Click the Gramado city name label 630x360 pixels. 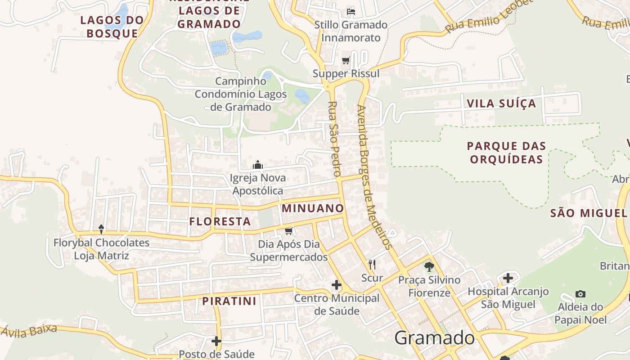[434, 338]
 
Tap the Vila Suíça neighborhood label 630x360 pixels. [501, 103]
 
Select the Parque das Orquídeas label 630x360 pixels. [506, 153]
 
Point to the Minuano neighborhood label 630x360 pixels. [313, 208]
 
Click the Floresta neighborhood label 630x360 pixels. [220, 221]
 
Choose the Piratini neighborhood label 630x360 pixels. [229, 301]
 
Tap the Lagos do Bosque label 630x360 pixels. [112, 27]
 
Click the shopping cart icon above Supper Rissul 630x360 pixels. [346, 60]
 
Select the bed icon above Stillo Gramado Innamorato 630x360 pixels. [351, 12]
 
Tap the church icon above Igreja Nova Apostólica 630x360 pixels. [258, 165]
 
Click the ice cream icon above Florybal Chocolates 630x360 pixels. [101, 229]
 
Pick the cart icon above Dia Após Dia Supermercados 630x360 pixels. [288, 231]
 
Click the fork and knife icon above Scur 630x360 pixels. [372, 264]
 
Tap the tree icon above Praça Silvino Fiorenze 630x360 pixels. [429, 266]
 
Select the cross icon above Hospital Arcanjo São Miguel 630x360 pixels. [508, 278]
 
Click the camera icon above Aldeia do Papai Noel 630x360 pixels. [580, 294]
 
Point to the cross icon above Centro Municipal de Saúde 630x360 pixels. [337, 285]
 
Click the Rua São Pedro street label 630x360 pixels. [333, 139]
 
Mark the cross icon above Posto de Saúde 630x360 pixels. [216, 341]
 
